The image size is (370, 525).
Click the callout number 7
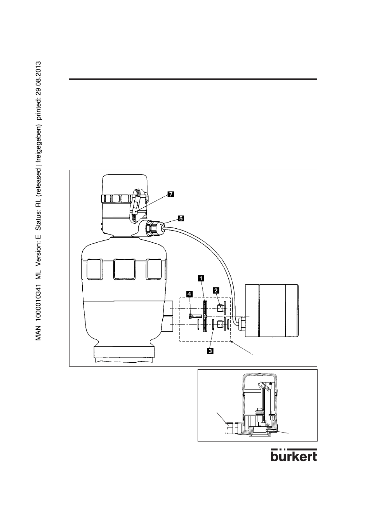(x=170, y=195)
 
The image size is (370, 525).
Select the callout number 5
(x=181, y=218)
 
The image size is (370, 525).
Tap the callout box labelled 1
(x=201, y=278)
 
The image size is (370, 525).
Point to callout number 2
(x=215, y=290)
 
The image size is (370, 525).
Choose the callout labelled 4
(x=189, y=294)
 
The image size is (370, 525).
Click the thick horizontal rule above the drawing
(x=193, y=79)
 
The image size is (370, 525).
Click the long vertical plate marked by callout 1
(x=205, y=315)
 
